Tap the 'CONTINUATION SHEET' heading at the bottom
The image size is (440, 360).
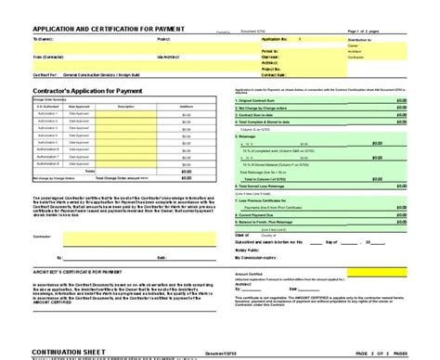47,353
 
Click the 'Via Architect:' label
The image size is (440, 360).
167,57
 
